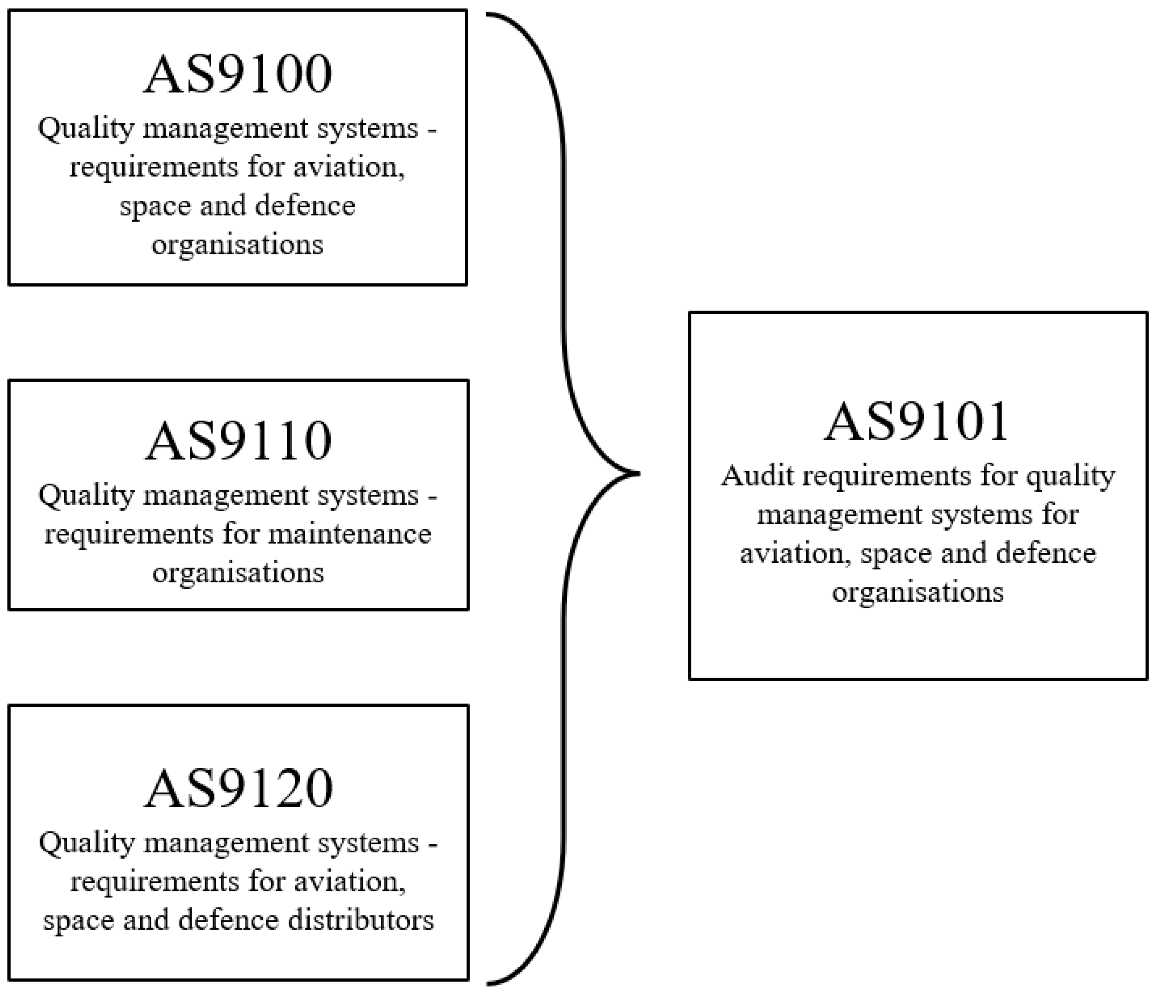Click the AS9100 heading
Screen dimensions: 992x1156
pos(238,75)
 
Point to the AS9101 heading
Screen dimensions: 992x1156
pos(917,422)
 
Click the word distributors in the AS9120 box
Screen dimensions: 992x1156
pos(360,920)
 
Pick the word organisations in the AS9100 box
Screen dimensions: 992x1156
pos(238,245)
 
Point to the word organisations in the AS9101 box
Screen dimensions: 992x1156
pos(918,592)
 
